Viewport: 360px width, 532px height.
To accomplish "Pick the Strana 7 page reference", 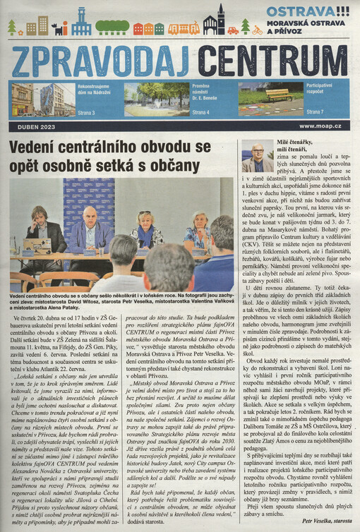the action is click(315, 112).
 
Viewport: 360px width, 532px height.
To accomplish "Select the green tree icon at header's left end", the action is click(11, 28).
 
